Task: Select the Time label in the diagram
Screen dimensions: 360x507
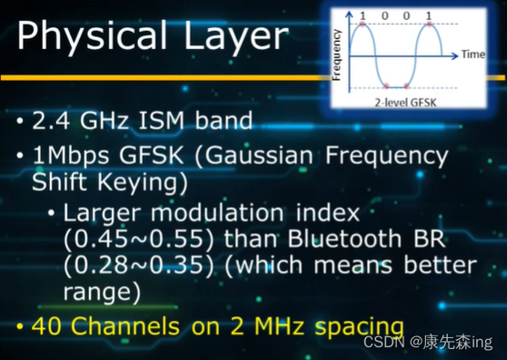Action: click(x=473, y=55)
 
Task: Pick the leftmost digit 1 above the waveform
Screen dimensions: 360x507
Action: click(x=363, y=15)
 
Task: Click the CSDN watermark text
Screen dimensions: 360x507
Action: click(x=382, y=342)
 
